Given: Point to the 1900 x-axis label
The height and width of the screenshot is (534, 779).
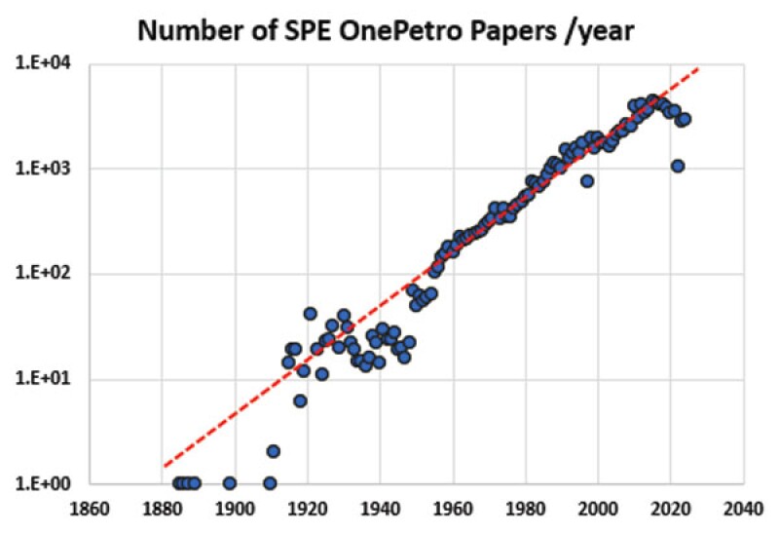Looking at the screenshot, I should click(x=236, y=508).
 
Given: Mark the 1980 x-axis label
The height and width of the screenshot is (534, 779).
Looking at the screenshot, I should click(x=526, y=508).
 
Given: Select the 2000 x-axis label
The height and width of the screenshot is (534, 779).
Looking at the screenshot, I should click(x=599, y=508).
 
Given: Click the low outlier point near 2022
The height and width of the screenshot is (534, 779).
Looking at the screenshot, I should click(x=678, y=166).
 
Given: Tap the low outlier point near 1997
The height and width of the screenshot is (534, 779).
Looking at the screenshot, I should click(x=587, y=180).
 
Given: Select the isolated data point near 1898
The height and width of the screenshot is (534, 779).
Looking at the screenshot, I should click(x=229, y=483).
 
